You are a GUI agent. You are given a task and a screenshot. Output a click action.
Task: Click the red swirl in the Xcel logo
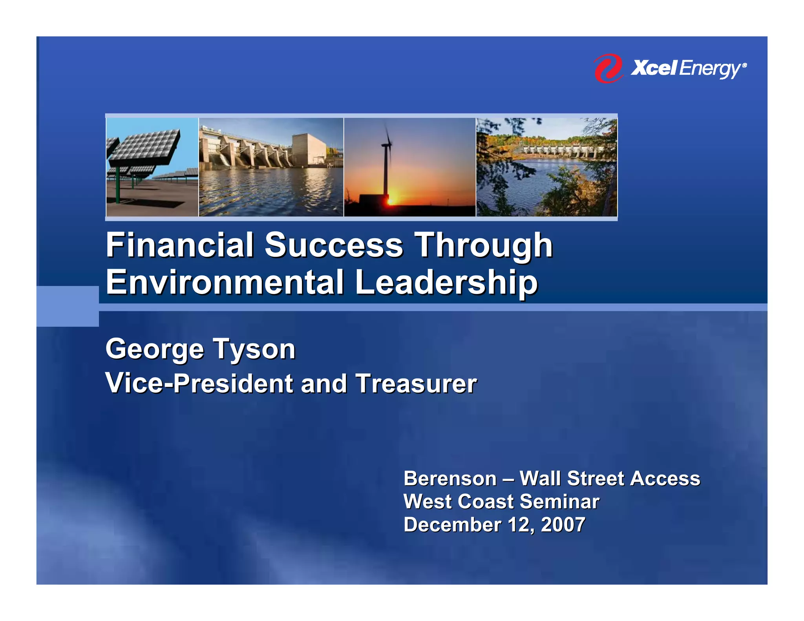coord(608,68)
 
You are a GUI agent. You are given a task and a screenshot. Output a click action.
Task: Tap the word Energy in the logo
coord(710,69)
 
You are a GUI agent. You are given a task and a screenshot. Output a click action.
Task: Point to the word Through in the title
coord(484,246)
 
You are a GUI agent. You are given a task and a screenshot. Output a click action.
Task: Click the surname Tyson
coord(254,349)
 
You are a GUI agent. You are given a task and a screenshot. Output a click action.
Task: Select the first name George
coord(155,349)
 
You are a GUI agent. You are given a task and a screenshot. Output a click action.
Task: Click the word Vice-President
coord(199,384)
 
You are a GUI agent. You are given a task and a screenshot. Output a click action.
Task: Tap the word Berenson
coord(450,479)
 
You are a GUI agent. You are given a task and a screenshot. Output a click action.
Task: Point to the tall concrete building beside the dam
coord(309,149)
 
